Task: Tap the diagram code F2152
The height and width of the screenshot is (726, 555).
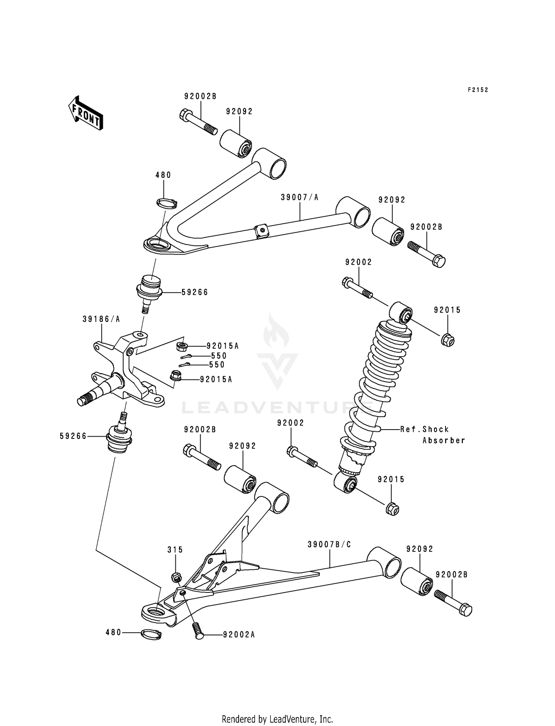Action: point(478,90)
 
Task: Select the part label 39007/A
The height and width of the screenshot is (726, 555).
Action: point(299,198)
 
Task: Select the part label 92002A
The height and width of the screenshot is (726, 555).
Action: point(239,635)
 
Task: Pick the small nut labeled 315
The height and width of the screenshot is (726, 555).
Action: point(176,577)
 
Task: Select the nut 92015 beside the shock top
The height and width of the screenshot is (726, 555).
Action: point(448,339)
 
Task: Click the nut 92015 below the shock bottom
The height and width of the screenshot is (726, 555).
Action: point(392,509)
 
